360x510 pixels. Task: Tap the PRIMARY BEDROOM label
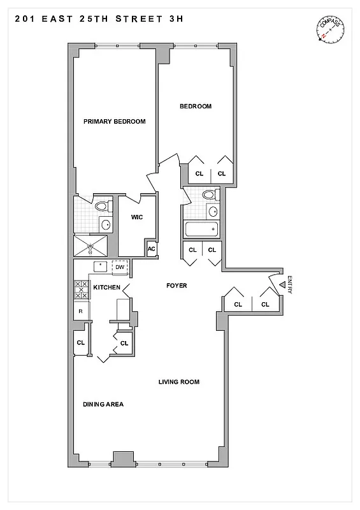pos(115,122)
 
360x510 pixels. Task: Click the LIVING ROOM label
pos(179,382)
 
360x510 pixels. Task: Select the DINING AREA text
pos(103,405)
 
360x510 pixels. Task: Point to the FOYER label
pos(176,286)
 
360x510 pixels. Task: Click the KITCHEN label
pos(106,288)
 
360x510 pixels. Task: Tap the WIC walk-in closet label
pos(136,217)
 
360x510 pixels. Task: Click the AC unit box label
pos(152,249)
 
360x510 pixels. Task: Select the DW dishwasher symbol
pos(120,267)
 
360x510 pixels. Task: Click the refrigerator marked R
pos(80,311)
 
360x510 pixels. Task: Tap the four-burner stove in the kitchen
pos(82,289)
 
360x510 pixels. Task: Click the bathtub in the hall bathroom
pos(200,229)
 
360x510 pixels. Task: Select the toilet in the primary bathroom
pos(102,206)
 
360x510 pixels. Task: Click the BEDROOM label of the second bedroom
pos(195,106)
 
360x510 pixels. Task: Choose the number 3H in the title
pos(173,19)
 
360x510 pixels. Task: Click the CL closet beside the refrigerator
pos(80,342)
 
